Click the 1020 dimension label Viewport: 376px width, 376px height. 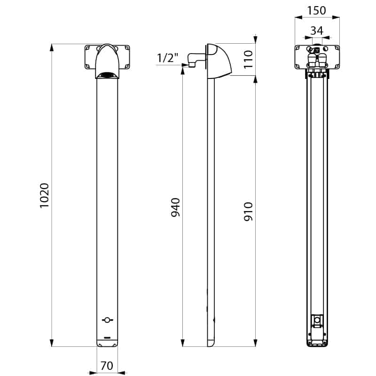coord(45,196)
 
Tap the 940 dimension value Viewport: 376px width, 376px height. coord(175,207)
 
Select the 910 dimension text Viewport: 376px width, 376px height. coord(249,211)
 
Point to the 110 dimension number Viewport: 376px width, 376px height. coord(249,59)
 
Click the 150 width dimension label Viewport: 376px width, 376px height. coord(316,10)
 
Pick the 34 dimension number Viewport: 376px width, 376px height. coord(317,31)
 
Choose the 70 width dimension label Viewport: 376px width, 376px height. coord(107,366)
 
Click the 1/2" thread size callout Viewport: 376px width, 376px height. coord(168,58)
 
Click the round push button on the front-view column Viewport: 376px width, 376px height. coord(107,320)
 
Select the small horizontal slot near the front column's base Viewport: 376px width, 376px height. coord(107,337)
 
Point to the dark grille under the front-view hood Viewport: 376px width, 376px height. coord(107,75)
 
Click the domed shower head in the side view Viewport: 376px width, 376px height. coord(219,61)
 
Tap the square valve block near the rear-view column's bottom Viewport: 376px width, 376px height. coord(317,321)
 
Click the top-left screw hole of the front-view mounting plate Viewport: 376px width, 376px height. coord(87,48)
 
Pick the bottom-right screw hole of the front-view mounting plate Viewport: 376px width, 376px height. coord(127,66)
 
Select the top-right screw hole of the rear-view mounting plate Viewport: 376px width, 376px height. coord(337,48)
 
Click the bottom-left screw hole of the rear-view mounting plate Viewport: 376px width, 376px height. coord(298,66)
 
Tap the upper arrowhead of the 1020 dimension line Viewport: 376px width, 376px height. coord(52,47)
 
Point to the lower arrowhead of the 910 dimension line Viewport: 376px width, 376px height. coord(255,343)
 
